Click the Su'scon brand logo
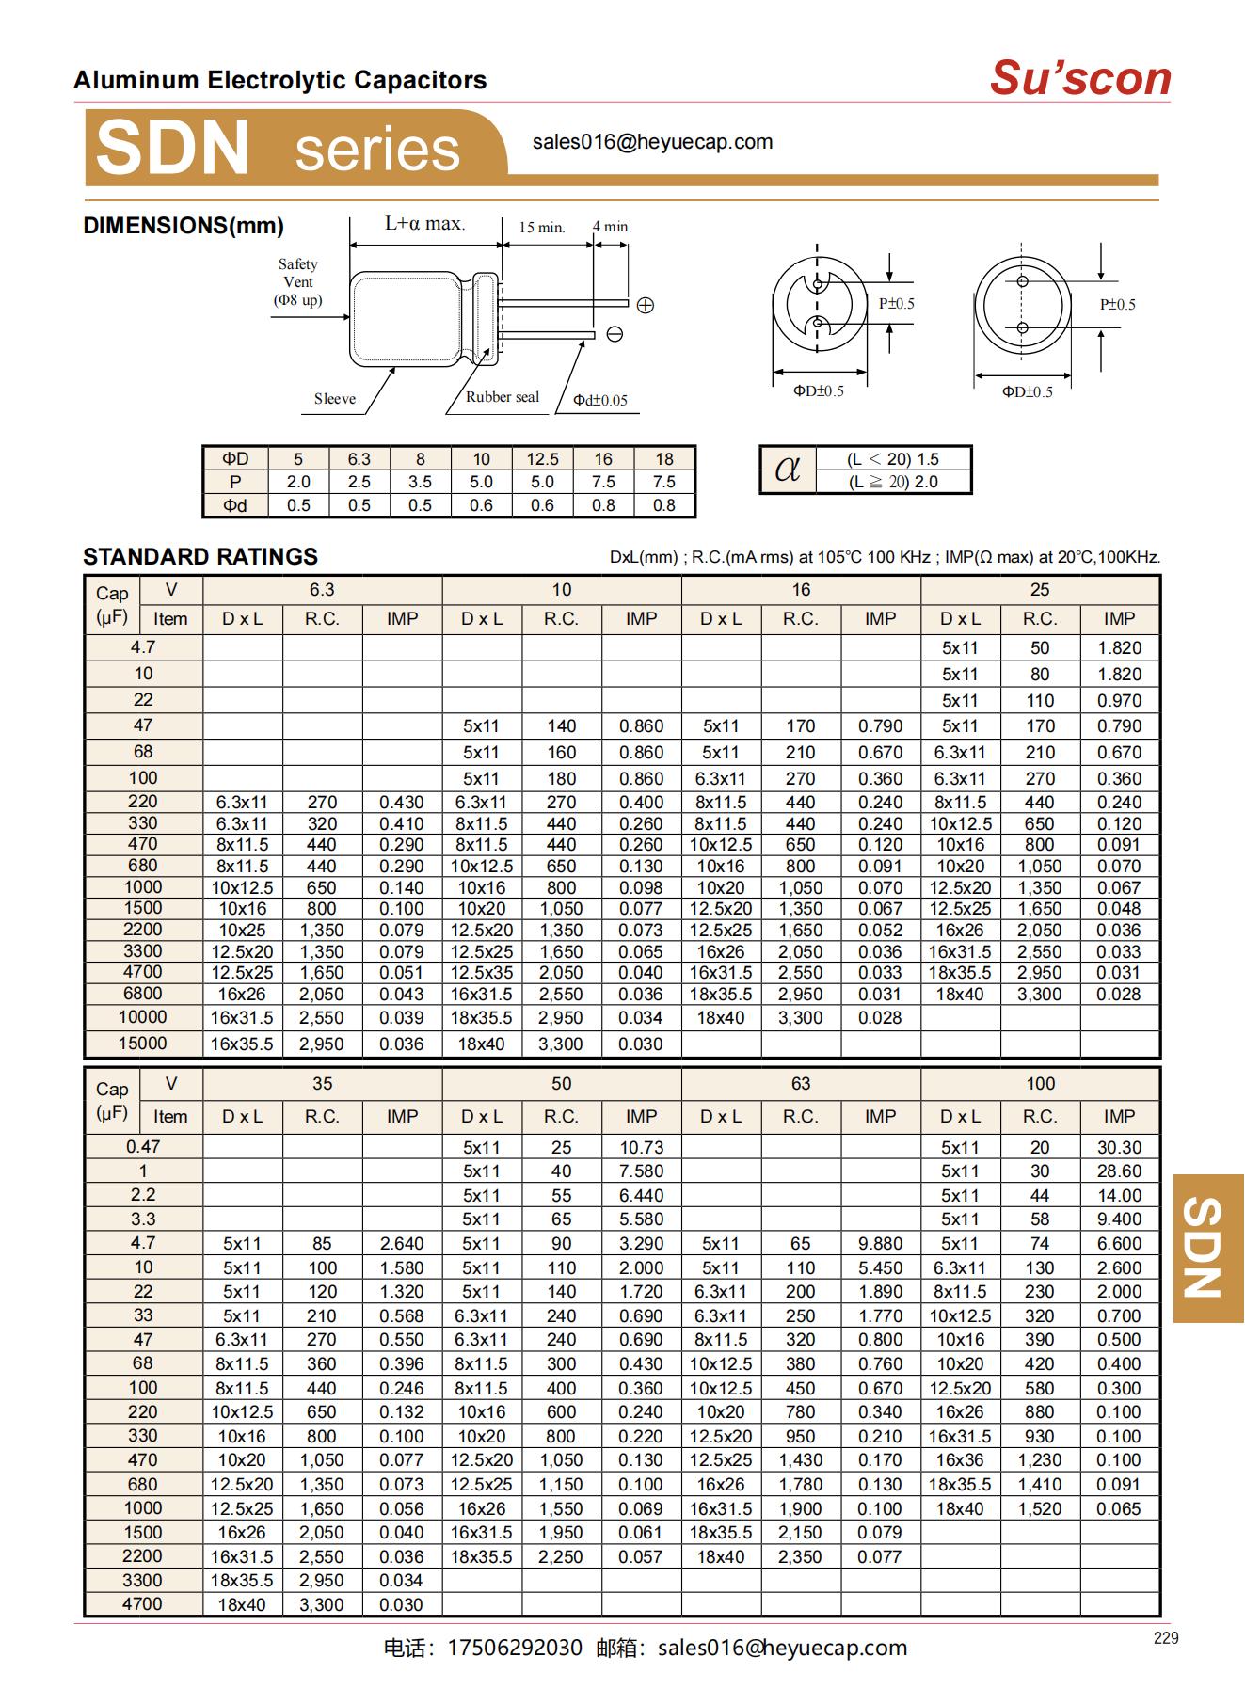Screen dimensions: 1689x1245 tap(1079, 78)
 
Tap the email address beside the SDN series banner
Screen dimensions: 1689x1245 tap(652, 142)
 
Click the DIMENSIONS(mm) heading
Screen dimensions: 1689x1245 tap(184, 226)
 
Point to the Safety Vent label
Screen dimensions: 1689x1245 tap(297, 281)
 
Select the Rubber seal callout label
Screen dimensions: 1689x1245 tap(503, 397)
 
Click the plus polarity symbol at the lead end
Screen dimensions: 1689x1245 tap(645, 305)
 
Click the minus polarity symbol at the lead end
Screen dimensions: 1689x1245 tap(615, 334)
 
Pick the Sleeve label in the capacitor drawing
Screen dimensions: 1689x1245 tap(335, 399)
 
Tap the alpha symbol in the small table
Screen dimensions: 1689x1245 tap(788, 470)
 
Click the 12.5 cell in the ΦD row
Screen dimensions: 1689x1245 tap(542, 459)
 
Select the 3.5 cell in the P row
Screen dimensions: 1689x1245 tap(420, 482)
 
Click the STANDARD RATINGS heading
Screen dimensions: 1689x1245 tap(200, 557)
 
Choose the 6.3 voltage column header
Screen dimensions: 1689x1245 tap(322, 590)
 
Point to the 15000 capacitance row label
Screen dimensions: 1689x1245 tap(143, 1044)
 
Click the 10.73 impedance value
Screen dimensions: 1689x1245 tap(641, 1148)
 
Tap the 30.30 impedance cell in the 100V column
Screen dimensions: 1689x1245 tap(1119, 1148)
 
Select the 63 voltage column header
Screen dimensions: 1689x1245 tap(800, 1084)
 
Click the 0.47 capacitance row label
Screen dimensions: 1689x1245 tap(143, 1147)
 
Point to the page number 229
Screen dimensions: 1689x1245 tap(1165, 1638)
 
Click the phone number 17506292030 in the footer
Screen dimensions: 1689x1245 tap(515, 1648)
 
